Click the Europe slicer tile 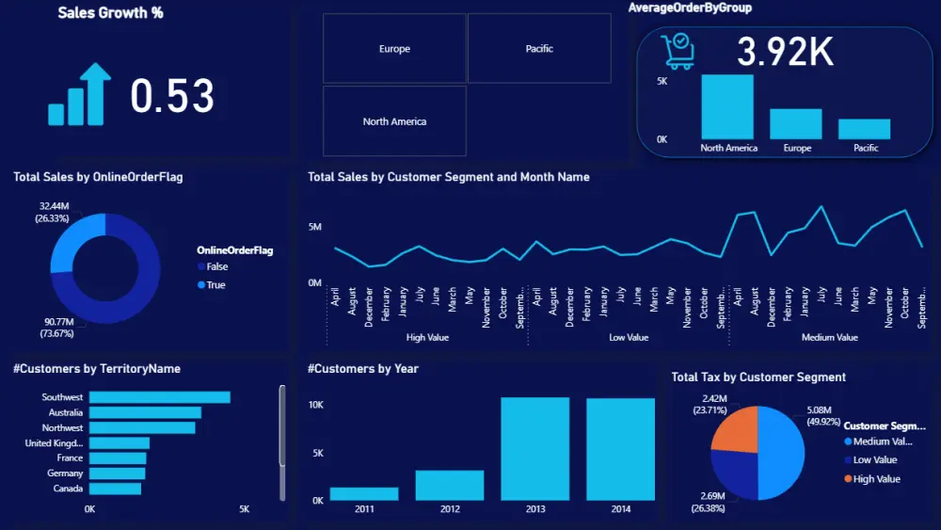click(x=394, y=49)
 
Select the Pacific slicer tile click(x=539, y=49)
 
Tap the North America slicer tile click(x=394, y=121)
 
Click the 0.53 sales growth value click(x=172, y=97)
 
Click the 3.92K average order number click(x=785, y=53)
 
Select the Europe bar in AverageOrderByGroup click(x=796, y=124)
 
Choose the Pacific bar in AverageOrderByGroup click(x=865, y=129)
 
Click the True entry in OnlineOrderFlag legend click(x=215, y=284)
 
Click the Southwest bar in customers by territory click(x=159, y=397)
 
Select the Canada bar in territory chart click(x=115, y=489)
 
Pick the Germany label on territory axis click(x=65, y=474)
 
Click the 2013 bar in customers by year click(x=534, y=448)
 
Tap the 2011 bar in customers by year click(x=363, y=493)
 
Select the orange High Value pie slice click(x=735, y=429)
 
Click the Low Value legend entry click(x=874, y=460)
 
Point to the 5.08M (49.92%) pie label click(x=824, y=416)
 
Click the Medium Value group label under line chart click(x=829, y=337)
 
